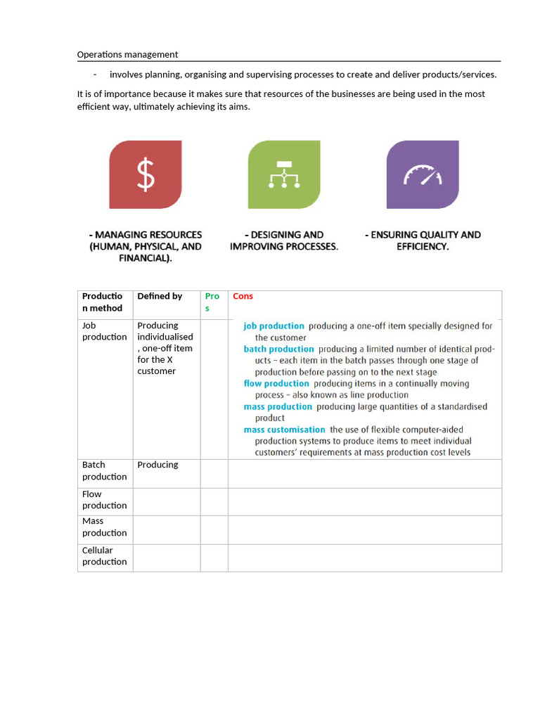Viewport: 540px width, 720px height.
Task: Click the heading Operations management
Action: (127, 54)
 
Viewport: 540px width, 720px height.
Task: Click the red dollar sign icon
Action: (146, 174)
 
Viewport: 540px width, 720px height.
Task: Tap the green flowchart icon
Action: (284, 174)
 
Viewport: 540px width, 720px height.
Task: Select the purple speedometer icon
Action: (423, 174)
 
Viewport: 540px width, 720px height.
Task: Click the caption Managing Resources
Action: (146, 246)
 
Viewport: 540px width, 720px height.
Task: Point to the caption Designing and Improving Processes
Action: (284, 240)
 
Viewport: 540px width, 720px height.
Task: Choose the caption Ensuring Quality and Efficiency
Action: (423, 240)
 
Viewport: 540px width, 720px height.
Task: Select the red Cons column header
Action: (243, 296)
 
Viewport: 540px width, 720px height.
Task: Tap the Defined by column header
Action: (160, 296)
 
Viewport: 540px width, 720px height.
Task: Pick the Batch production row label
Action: (104, 470)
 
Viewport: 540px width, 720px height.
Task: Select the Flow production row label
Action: (104, 499)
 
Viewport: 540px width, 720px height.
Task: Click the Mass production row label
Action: (104, 527)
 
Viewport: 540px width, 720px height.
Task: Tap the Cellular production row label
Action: (104, 555)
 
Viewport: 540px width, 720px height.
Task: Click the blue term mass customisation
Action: (284, 430)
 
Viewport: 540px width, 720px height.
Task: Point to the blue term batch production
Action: (278, 349)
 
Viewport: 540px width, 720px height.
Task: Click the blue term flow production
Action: (276, 384)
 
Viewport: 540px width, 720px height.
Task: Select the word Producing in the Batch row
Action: (157, 465)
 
